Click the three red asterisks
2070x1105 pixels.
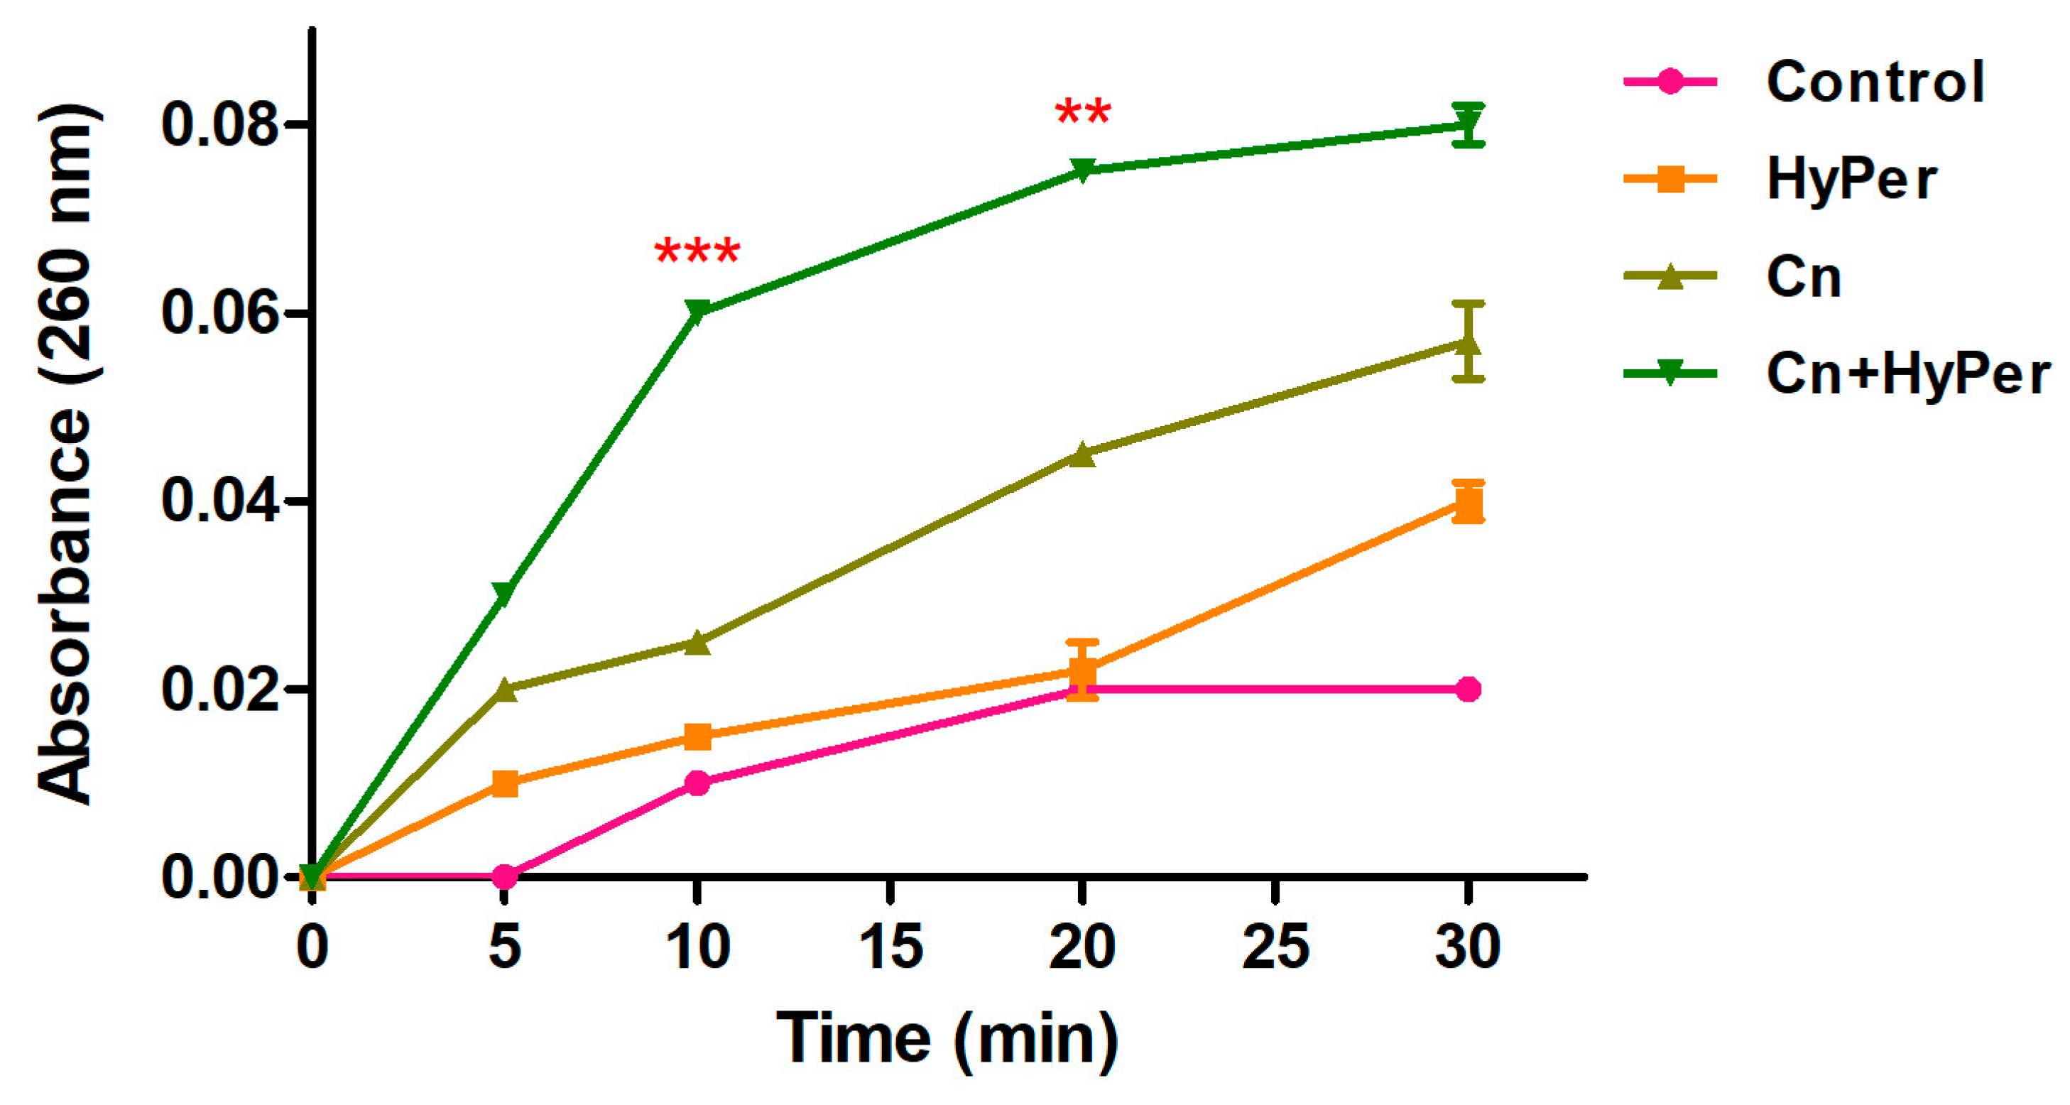pos(697,252)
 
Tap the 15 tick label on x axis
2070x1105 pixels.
pos(890,947)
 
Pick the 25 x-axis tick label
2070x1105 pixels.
pos(1275,947)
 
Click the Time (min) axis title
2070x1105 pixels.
pos(947,1038)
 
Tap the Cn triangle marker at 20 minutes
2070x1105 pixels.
pos(1082,454)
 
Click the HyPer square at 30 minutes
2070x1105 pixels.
pos(1468,505)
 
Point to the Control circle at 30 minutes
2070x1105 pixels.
pos(1468,690)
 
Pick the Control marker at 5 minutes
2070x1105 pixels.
pos(505,876)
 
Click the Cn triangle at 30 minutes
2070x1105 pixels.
pos(1468,344)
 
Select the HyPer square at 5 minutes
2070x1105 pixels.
pos(505,783)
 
